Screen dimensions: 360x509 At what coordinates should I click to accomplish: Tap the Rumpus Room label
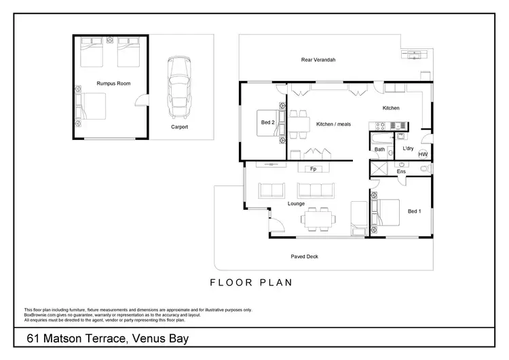pos(113,83)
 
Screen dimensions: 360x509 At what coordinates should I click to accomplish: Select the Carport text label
pos(179,127)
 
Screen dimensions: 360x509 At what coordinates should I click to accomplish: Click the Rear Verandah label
pos(318,60)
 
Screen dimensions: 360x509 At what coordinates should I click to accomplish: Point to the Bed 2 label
pos(267,122)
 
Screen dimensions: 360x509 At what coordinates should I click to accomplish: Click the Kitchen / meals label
pos(333,124)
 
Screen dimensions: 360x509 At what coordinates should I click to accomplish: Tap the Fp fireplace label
pos(313,168)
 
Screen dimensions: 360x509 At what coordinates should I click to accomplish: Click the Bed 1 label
pos(415,211)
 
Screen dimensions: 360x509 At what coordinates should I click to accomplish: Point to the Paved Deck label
pos(304,257)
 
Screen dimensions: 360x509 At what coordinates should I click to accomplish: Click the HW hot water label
pos(423,155)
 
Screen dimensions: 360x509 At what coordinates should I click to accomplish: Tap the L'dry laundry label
pos(408,148)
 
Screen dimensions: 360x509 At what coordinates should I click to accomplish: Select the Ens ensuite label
pos(401,172)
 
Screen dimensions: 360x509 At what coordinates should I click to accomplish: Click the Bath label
pos(380,149)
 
